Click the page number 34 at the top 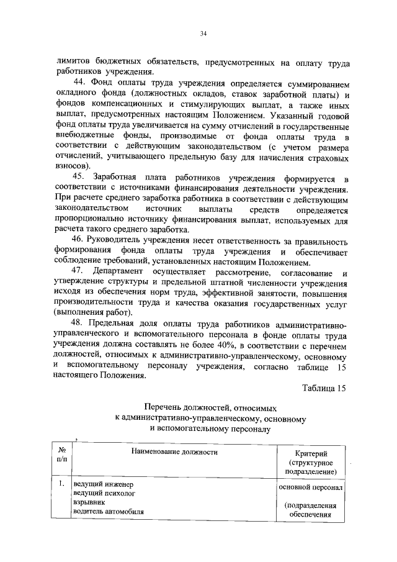point(203,34)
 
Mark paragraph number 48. point(79,325)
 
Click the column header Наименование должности point(174,452)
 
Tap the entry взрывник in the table point(89,502)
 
